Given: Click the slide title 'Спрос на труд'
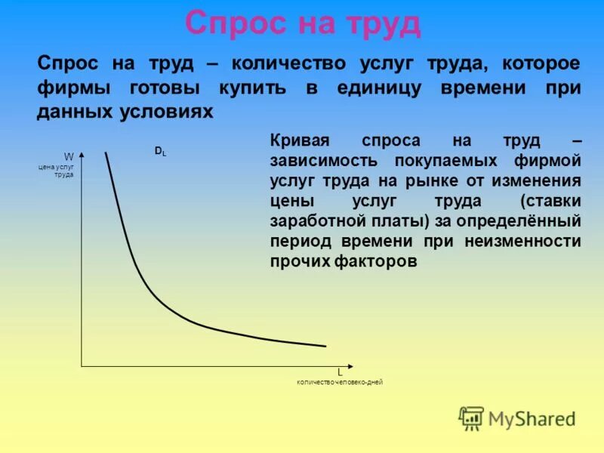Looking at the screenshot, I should click(303, 24).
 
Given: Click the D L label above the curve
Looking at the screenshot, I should click(161, 152).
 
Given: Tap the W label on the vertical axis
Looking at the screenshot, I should click(69, 157).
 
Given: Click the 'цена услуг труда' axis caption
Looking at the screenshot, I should click(56, 170).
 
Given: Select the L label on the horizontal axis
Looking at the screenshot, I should click(340, 372).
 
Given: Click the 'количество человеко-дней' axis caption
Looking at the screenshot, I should click(340, 383).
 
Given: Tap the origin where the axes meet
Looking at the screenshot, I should click(82, 366).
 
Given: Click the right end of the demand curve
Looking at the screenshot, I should click(325, 346).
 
